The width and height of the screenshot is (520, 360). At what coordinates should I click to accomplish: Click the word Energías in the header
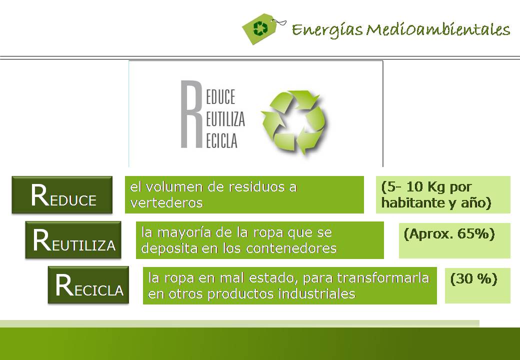coord(327,29)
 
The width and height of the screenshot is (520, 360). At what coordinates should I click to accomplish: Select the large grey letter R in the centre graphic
coord(191,113)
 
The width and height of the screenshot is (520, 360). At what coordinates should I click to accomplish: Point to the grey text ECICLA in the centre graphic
coord(221,140)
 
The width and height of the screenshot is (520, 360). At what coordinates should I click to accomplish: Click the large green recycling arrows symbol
coord(294,121)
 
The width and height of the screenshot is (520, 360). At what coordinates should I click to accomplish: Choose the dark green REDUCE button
coord(62,195)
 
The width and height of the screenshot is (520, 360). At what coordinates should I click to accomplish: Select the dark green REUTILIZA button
coord(73,239)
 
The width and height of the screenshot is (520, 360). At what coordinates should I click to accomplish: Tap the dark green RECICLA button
coord(88,285)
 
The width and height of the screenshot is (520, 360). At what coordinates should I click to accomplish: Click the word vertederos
coord(166,202)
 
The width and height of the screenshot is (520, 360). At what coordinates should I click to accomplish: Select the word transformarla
coord(383,278)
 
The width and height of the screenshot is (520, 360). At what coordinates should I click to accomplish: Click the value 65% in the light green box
coord(476,233)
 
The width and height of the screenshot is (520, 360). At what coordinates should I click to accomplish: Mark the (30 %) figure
coord(474,278)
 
